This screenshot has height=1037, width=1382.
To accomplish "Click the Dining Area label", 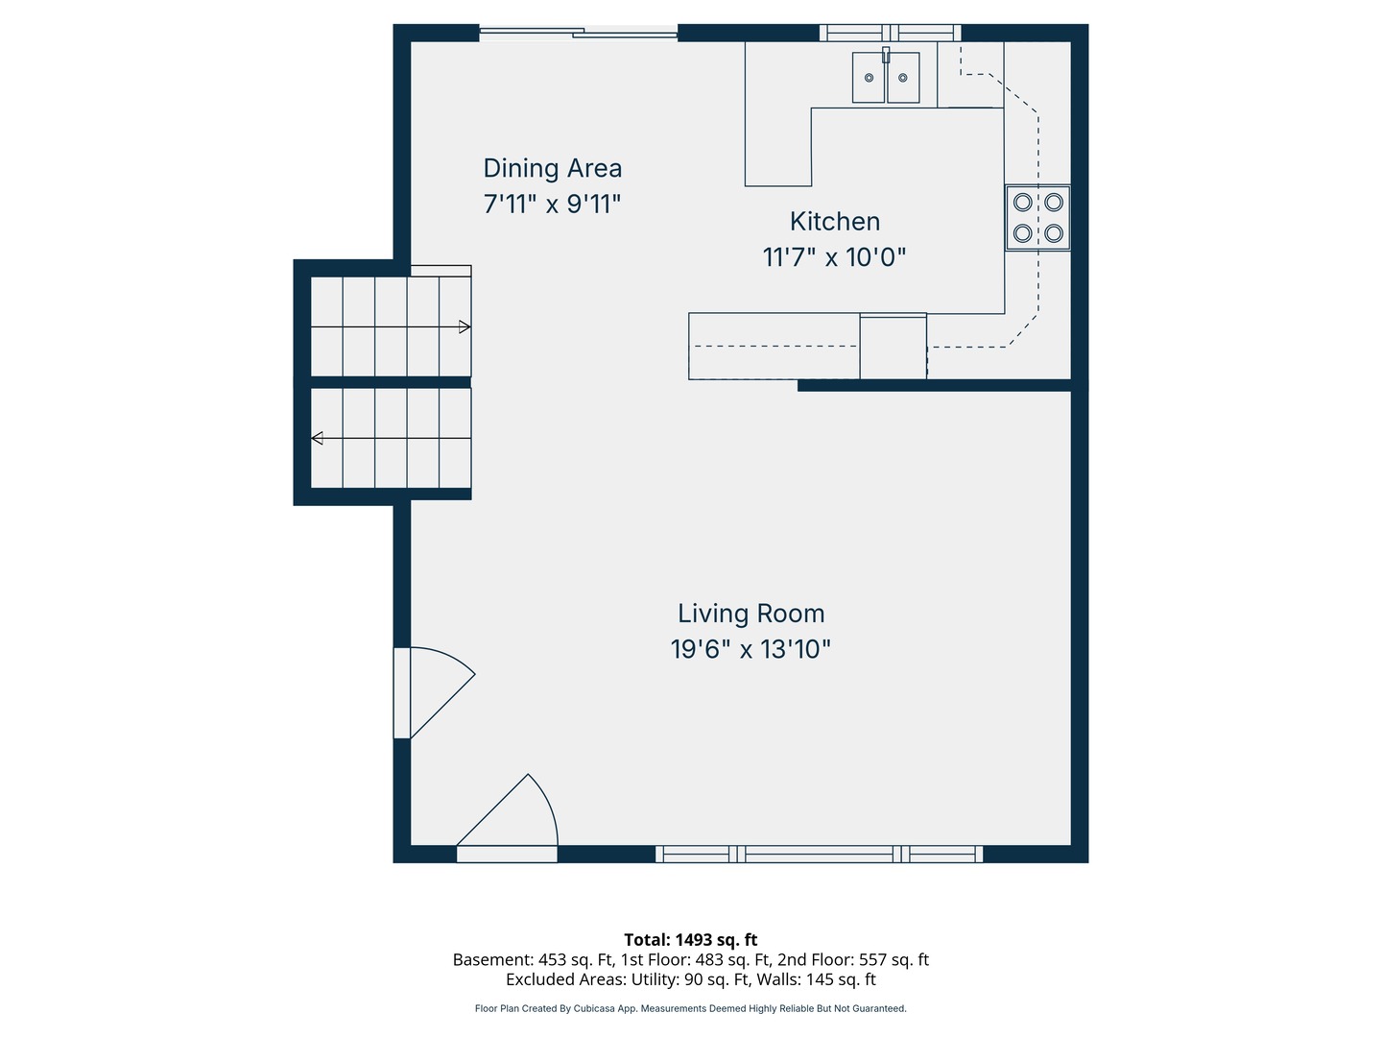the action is (x=552, y=168).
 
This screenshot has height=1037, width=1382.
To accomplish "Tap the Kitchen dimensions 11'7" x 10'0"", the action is (x=834, y=257).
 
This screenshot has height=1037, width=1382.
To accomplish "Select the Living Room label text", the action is (x=751, y=614).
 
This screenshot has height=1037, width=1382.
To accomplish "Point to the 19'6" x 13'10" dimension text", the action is (x=751, y=649).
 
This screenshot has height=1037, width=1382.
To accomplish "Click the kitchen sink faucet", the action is (x=885, y=55).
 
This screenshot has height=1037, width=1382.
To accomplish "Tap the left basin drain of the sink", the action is (x=869, y=78).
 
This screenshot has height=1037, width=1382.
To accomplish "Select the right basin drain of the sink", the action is (x=902, y=78).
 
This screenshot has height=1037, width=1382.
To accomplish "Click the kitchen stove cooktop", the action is (x=1036, y=218).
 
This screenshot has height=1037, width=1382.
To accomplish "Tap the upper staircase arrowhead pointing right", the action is (x=465, y=326).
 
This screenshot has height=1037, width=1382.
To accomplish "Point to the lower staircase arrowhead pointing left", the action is (x=318, y=438).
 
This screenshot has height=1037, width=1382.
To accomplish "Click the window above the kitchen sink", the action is (x=890, y=33).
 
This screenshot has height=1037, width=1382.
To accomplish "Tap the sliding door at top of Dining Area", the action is (x=578, y=33).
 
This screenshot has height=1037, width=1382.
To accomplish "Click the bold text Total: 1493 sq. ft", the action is (x=691, y=940).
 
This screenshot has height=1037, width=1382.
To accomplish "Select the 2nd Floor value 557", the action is (x=872, y=959).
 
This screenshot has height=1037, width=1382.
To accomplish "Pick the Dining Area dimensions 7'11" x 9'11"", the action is (x=552, y=204).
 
